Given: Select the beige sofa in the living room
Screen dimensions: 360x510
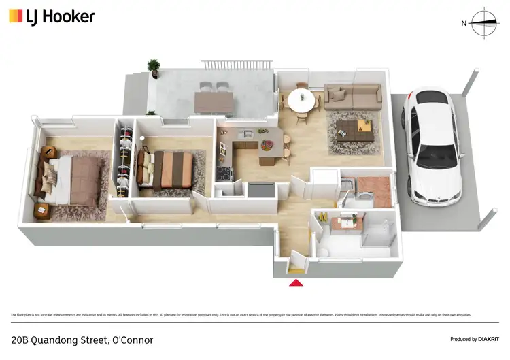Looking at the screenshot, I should pyautogui.click(x=352, y=96).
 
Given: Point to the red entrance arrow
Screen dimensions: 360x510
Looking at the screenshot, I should pyautogui.click(x=296, y=282).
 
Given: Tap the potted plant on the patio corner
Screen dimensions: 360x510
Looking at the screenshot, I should pyautogui.click(x=154, y=67).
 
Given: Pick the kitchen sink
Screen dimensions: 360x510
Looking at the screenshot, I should pyautogui.click(x=248, y=133).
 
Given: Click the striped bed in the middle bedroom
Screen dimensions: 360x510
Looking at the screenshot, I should pyautogui.click(x=171, y=168).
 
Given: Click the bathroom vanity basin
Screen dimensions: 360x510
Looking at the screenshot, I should pyautogui.click(x=352, y=221).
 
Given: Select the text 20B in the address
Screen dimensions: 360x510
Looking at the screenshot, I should pyautogui.click(x=20, y=340).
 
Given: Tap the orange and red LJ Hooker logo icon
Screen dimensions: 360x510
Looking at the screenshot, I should pyautogui.click(x=15, y=16).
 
